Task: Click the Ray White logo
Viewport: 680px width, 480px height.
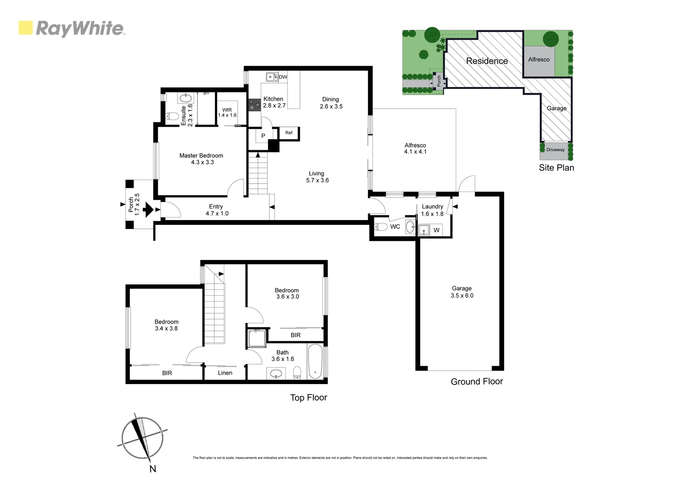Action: [72, 28]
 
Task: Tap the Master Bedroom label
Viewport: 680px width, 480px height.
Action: [201, 156]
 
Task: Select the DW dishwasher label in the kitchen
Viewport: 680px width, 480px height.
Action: [283, 77]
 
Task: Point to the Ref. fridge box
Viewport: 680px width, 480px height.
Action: [289, 133]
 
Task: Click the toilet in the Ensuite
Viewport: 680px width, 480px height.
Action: [172, 116]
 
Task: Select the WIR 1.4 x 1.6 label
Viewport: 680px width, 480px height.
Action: [227, 112]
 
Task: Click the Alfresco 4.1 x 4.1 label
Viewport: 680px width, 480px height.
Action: [415, 148]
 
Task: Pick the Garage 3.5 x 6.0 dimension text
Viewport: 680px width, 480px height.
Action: [462, 296]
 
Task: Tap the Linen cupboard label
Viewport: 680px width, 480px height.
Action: [225, 373]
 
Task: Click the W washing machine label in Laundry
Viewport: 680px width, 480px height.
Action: [436, 230]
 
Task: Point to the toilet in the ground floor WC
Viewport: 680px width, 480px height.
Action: [381, 227]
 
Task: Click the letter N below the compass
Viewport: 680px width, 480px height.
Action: [153, 469]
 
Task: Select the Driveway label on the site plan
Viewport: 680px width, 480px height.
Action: [555, 150]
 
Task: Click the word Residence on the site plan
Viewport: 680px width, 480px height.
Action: [487, 61]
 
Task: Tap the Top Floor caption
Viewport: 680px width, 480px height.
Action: [308, 398]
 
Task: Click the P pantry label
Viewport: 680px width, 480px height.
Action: [263, 136]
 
